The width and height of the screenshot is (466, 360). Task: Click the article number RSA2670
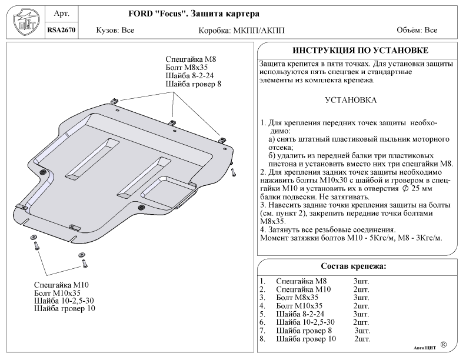[62, 30]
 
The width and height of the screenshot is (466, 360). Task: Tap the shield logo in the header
[26, 22]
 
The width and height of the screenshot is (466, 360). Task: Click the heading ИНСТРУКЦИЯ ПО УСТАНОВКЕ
[360, 50]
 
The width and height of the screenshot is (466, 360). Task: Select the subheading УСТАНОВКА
[351, 100]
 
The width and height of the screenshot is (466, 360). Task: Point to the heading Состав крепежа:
[354, 266]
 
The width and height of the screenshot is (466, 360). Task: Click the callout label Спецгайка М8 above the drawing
[191, 59]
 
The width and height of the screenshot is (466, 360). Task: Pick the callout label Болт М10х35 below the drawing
[57, 293]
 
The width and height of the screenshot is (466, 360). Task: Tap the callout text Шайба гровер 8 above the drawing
[193, 84]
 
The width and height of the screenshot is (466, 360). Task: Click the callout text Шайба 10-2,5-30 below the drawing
[64, 301]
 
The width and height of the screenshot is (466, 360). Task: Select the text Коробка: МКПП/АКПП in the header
[241, 31]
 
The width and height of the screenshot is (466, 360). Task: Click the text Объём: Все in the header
[417, 30]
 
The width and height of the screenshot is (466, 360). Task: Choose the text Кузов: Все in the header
[115, 31]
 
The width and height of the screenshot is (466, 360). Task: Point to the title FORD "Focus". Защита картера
[194, 14]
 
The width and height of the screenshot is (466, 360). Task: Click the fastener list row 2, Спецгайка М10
[314, 289]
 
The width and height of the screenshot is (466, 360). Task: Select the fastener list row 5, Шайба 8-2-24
[314, 314]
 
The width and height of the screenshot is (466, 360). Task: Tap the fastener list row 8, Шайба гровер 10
[315, 339]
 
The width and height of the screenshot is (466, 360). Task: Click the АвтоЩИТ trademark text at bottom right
[425, 348]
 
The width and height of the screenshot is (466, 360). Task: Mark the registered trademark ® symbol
[444, 345]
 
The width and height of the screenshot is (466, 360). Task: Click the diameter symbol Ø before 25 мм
[405, 189]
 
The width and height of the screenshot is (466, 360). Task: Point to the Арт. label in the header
[62, 14]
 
